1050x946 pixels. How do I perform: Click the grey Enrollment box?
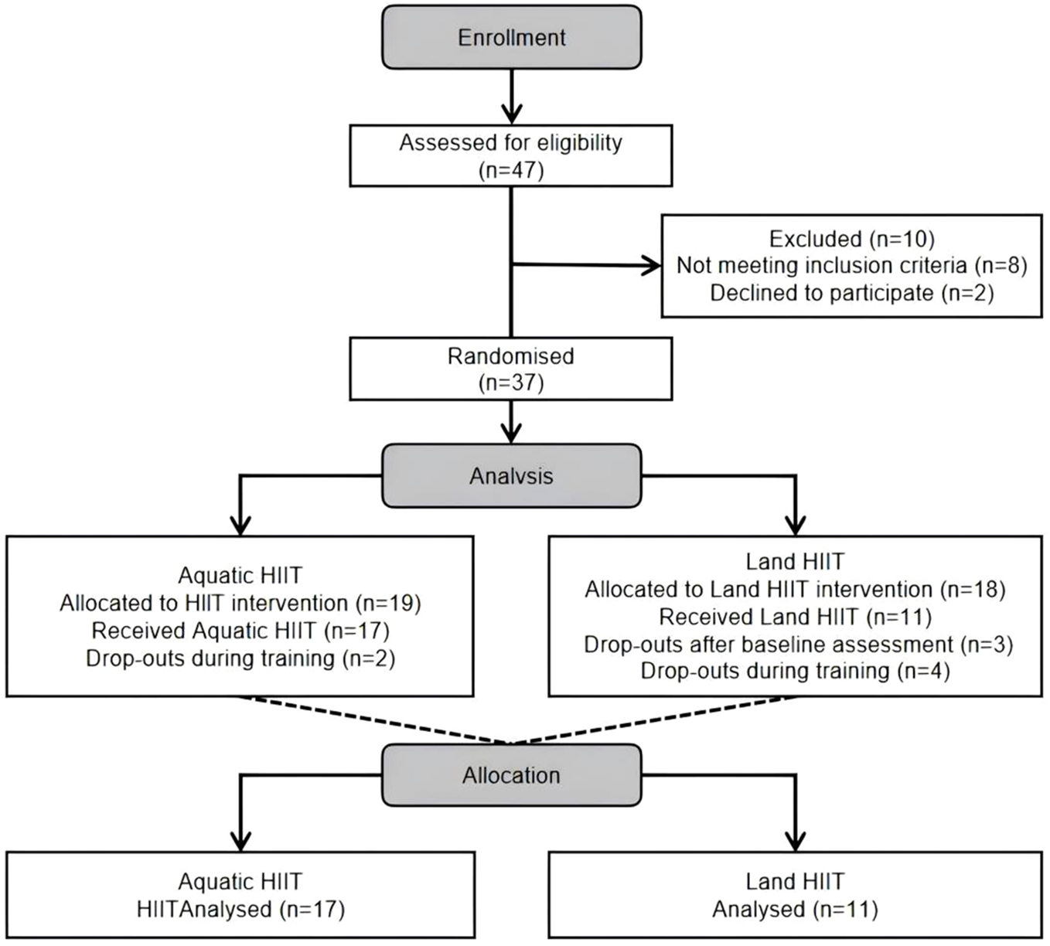(511, 37)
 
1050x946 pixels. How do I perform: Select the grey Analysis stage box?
(511, 475)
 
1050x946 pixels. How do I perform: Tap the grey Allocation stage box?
(511, 775)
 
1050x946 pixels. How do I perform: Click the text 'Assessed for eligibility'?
(510, 143)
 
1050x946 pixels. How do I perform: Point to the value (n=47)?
(511, 169)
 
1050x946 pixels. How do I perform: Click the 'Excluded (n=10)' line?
(851, 239)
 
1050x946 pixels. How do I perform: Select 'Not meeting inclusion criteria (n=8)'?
(851, 266)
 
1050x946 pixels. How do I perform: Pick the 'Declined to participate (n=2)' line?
(851, 293)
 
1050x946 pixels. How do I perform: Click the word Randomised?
(510, 356)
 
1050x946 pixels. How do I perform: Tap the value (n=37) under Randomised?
(511, 383)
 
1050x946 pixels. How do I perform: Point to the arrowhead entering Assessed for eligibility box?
(511, 114)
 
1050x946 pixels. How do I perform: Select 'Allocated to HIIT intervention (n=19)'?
(240, 603)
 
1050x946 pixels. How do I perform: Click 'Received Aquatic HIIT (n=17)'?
(240, 631)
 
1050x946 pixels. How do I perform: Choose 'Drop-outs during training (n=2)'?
(240, 658)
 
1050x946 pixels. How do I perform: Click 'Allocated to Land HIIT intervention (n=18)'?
(795, 590)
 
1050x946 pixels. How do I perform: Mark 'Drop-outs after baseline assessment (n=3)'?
(798, 645)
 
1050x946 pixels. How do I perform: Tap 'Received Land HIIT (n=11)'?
(795, 617)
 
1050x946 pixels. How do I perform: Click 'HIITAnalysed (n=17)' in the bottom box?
(240, 909)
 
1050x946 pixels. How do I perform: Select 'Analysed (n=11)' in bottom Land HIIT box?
(795, 909)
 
